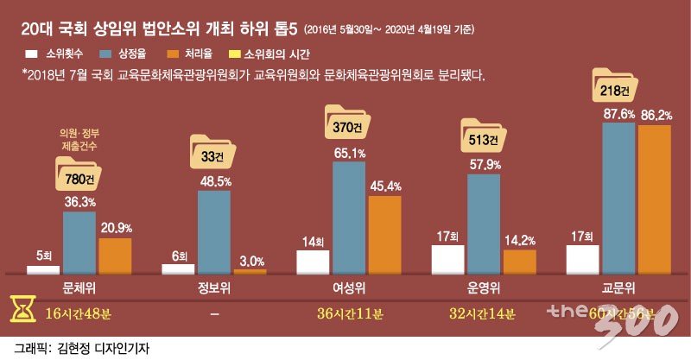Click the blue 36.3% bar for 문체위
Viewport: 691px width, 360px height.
tap(79, 243)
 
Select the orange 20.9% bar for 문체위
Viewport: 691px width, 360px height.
tap(116, 256)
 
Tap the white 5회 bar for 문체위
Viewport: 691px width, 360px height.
tap(43, 269)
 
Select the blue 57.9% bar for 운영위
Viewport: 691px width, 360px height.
tap(484, 224)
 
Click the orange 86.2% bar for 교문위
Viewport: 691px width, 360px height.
tap(654, 199)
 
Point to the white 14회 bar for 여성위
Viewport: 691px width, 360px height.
tap(313, 262)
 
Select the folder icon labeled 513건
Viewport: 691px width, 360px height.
tap(483, 137)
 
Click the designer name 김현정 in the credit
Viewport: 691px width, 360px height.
tap(75, 347)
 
